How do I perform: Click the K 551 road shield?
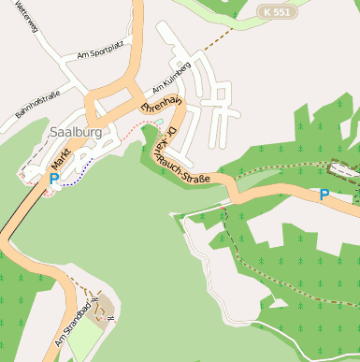pyautogui.click(x=277, y=12)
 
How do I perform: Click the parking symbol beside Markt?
pyautogui.click(x=53, y=178)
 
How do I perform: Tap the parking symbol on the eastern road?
pyautogui.click(x=324, y=195)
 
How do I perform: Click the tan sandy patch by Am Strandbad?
pyautogui.click(x=103, y=307)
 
